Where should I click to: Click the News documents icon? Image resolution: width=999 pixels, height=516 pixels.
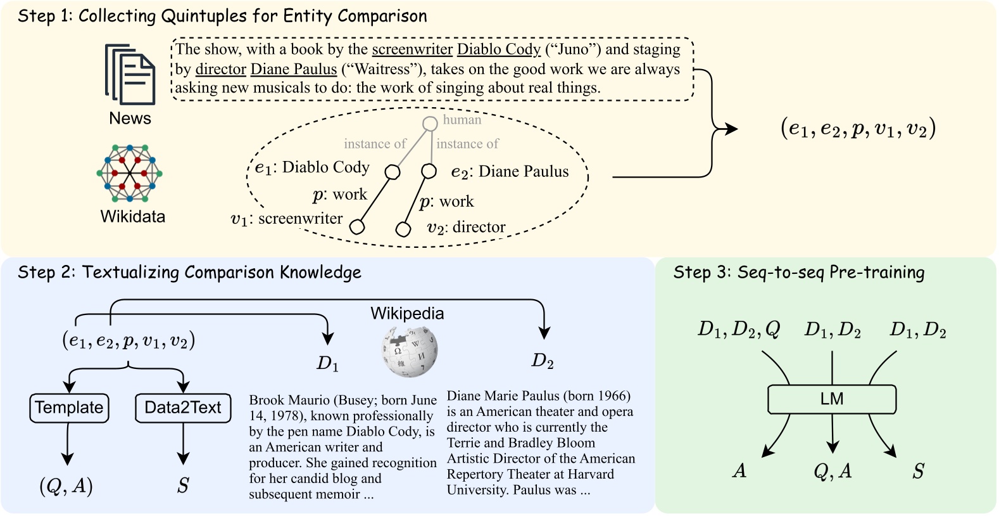pyautogui.click(x=130, y=74)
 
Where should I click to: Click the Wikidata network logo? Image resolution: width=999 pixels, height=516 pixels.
pyautogui.click(x=130, y=172)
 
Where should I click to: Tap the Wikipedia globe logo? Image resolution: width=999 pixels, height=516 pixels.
pyautogui.click(x=409, y=351)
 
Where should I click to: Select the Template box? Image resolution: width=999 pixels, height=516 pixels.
pyautogui.click(x=69, y=408)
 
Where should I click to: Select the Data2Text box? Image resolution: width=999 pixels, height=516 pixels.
pyautogui.click(x=183, y=408)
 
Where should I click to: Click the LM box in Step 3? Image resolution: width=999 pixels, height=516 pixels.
pyautogui.click(x=831, y=399)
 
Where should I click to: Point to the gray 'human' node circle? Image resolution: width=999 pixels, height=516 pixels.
pyautogui.click(x=430, y=124)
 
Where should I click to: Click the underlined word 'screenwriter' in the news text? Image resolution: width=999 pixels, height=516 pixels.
pyautogui.click(x=412, y=49)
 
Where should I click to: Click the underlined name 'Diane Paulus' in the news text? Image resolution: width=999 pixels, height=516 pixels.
pyautogui.click(x=294, y=69)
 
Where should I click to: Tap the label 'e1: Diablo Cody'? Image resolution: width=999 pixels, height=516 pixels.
pyautogui.click(x=312, y=167)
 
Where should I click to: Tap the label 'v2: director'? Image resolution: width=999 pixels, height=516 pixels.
pyautogui.click(x=466, y=227)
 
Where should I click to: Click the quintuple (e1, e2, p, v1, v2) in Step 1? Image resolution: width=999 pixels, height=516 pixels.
pyautogui.click(x=858, y=129)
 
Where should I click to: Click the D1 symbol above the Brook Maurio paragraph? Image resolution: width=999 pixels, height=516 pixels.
pyautogui.click(x=327, y=363)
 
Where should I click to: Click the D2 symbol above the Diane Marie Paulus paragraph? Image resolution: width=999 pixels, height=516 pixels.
pyautogui.click(x=543, y=361)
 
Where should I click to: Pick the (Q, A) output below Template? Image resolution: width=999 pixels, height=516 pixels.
pyautogui.click(x=66, y=486)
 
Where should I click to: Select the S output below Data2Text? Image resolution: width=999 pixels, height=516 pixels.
pyautogui.click(x=183, y=486)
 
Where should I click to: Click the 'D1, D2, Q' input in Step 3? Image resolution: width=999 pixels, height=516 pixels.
pyautogui.click(x=738, y=330)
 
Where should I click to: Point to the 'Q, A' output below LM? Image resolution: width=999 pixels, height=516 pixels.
pyautogui.click(x=832, y=471)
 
